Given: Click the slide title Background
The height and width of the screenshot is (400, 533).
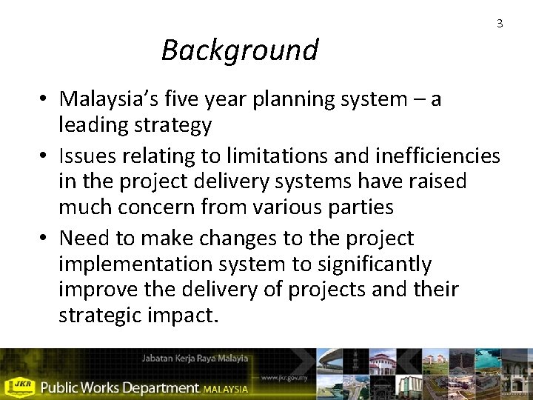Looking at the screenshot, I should [239, 50].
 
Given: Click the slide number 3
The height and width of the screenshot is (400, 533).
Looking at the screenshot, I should [500, 24].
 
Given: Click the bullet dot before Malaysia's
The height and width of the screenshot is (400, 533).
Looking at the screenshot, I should [45, 99].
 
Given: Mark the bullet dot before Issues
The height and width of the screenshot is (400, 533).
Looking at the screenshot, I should [45, 157].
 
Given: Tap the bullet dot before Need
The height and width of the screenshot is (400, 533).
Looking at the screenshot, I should [45, 239].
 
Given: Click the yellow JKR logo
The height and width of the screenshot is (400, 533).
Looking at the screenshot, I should [19, 386].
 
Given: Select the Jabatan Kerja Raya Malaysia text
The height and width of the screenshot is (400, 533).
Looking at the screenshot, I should [195, 359].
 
